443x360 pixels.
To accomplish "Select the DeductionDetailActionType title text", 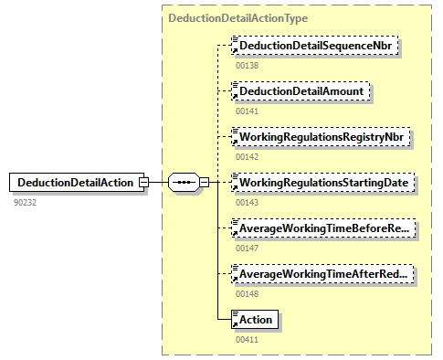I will click(237, 17).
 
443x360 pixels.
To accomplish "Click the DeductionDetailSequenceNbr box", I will click(317, 45).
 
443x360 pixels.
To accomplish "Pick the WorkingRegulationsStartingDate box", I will click(322, 183).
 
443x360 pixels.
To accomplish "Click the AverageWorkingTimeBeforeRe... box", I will click(322, 228).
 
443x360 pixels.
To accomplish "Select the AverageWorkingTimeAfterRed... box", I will click(322, 274).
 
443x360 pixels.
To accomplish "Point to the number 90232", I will click(25, 201).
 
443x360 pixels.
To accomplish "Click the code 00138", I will click(248, 65).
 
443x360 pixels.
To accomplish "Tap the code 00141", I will click(248, 111).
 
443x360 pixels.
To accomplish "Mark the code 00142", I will click(248, 156).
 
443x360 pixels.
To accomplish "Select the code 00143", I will click(248, 202).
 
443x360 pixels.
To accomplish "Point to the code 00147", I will click(248, 248).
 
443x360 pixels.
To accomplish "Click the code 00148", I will click(248, 293).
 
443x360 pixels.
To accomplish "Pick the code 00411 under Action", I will click(248, 339).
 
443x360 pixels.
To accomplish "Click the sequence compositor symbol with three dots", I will click(184, 183).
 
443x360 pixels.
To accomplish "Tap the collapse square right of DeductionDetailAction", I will click(143, 183).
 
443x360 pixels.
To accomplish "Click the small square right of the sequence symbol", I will click(205, 183).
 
